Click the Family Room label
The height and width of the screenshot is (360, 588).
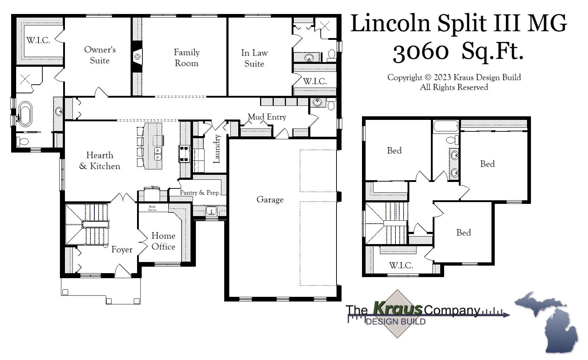[186, 58]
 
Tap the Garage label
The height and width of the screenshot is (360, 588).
[270, 200]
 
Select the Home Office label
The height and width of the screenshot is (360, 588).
[163, 241]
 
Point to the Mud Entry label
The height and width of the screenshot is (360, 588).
[267, 117]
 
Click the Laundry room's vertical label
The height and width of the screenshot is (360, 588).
[216, 149]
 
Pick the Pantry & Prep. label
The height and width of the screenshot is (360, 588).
[199, 193]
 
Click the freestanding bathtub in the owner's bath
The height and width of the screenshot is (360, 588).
[25, 114]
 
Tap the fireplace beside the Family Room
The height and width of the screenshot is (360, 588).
[137, 57]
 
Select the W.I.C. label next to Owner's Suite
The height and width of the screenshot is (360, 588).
[38, 40]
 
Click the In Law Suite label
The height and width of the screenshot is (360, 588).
[254, 58]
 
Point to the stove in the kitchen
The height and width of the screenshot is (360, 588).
[184, 154]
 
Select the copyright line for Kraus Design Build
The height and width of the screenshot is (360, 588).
[454, 78]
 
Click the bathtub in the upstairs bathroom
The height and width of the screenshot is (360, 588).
[446, 127]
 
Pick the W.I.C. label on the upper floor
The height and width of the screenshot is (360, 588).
[401, 266]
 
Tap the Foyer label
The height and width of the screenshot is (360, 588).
[122, 249]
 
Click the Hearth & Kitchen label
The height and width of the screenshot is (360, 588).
[99, 161]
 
